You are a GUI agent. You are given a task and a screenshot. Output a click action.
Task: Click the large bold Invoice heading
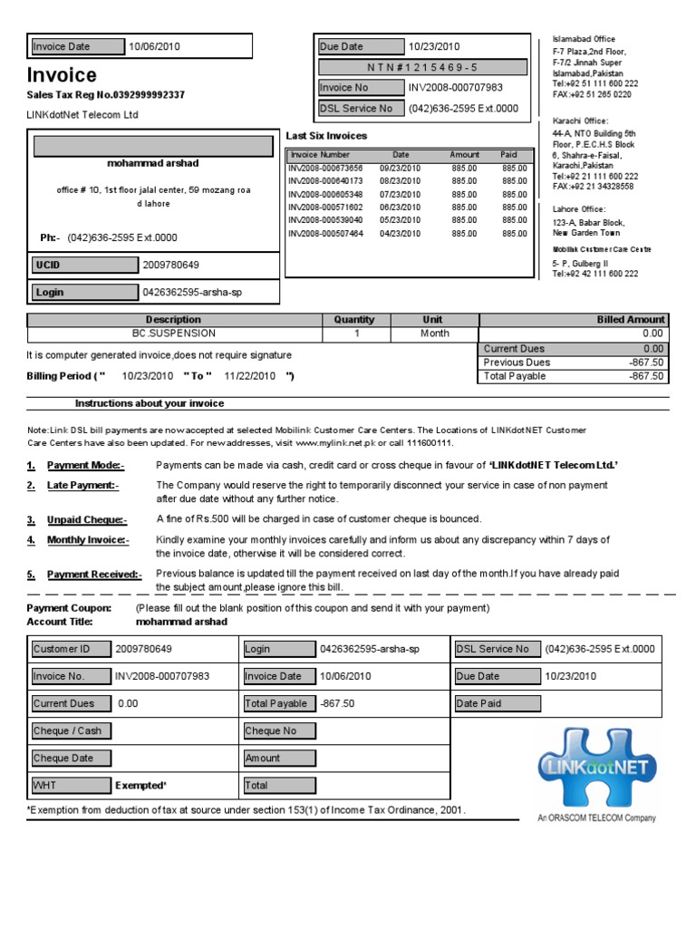(x=62, y=74)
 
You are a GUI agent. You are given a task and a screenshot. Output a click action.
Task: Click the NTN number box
(x=421, y=68)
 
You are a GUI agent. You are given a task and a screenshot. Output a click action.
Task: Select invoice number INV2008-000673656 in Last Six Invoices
(x=325, y=169)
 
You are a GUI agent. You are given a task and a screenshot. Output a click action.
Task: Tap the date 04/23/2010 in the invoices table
(x=401, y=234)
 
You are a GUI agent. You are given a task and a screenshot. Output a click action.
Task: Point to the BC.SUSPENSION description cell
(x=174, y=333)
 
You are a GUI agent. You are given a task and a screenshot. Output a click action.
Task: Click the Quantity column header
(x=353, y=320)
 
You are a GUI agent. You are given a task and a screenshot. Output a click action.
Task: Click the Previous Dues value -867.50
(x=645, y=362)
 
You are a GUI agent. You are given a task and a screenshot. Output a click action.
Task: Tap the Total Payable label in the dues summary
(x=514, y=376)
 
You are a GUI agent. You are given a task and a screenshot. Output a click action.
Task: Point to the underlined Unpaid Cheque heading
(x=87, y=519)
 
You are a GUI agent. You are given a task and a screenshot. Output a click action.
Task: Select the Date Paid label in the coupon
(x=479, y=703)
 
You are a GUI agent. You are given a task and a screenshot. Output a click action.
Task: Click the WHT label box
(x=68, y=785)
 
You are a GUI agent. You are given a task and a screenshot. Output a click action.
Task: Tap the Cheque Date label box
(x=68, y=758)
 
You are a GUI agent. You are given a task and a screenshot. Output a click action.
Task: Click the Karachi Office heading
(x=580, y=121)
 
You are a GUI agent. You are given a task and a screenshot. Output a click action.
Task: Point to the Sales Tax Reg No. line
(x=105, y=95)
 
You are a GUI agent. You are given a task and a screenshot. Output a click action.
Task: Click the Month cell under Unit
(x=433, y=333)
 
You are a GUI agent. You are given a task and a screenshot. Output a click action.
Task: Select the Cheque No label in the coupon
(x=278, y=730)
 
